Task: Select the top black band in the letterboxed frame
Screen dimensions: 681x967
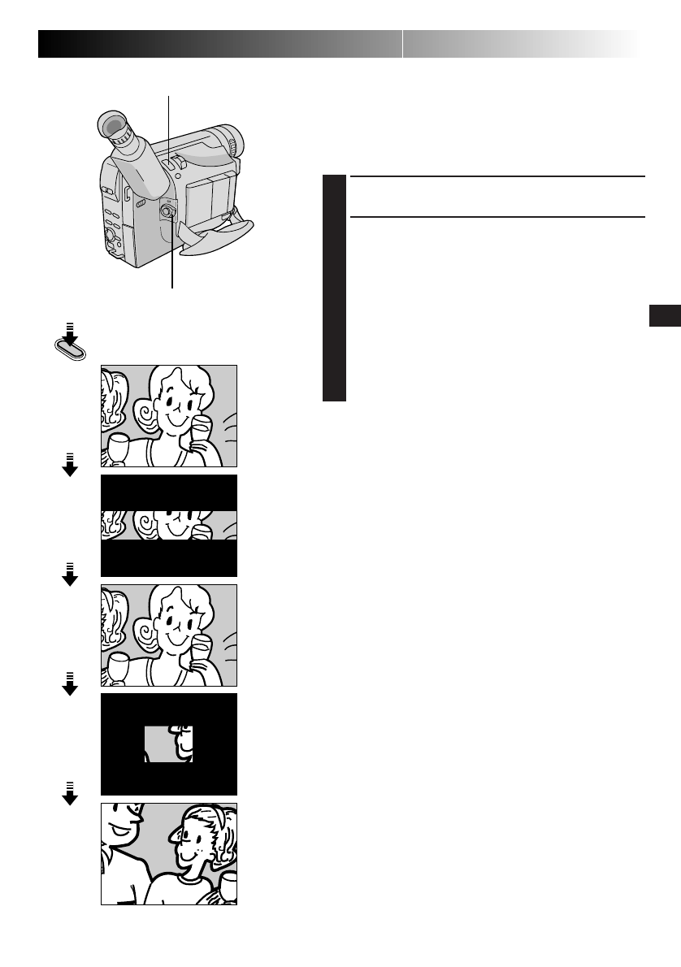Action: [168, 492]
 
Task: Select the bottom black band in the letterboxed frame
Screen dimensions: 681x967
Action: [168, 558]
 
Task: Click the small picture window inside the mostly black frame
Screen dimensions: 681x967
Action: [168, 744]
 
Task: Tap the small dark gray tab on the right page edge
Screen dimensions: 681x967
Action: [664, 316]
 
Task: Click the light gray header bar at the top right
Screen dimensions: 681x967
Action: [520, 44]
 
